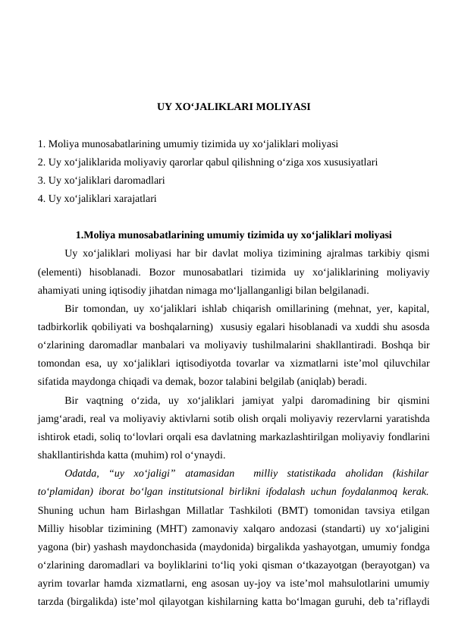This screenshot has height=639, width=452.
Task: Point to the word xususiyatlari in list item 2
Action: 351,162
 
